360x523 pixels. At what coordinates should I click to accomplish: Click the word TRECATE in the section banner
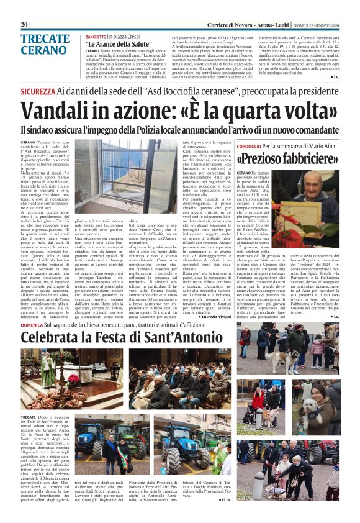(45, 39)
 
